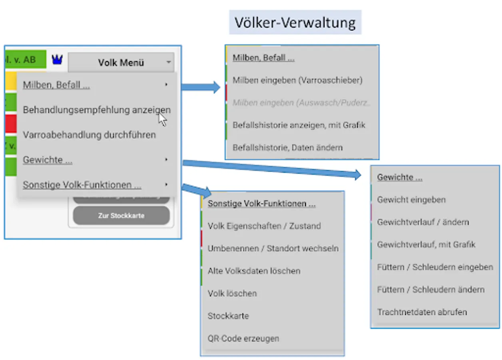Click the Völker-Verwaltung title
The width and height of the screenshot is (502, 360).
coord(295,22)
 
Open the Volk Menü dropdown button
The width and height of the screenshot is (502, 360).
coord(121,62)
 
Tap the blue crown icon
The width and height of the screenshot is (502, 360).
coord(58,60)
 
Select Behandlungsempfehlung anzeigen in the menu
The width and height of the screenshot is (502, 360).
coord(96,110)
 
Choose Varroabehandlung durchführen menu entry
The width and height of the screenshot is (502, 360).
coord(89,135)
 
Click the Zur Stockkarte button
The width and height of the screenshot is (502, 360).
coord(121,216)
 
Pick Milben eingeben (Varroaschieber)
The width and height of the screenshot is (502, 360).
coord(297,80)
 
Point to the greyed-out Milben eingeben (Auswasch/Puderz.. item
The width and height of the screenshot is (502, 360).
coord(302,102)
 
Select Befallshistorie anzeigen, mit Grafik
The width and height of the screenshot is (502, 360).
coord(299,125)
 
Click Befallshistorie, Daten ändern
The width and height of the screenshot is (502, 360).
coord(287,147)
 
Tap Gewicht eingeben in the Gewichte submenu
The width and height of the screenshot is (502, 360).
coord(411,200)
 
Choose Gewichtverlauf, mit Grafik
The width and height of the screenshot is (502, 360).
coord(426,244)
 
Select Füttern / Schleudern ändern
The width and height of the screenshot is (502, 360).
coord(431,289)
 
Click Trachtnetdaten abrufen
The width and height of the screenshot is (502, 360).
coord(422,312)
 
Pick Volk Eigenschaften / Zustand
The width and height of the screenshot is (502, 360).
coord(264,226)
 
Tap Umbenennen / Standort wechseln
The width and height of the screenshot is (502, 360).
coord(273,248)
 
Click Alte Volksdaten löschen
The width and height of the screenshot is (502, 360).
coord(254,271)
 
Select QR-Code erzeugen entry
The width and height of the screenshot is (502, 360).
coord(243,338)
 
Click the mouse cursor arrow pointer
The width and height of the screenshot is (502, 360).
coord(162,119)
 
